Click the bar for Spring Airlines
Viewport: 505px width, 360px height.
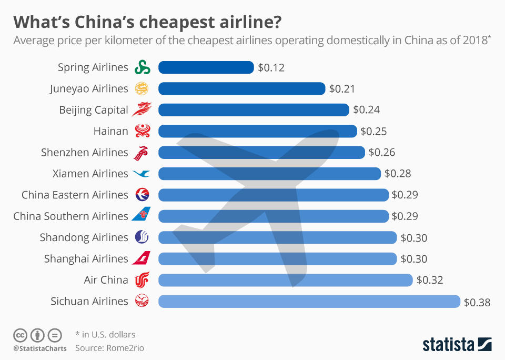[x=206, y=67]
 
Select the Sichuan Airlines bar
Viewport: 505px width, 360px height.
[x=309, y=301]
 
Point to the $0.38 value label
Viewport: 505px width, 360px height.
[x=477, y=302]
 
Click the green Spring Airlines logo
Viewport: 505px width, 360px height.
[x=142, y=67]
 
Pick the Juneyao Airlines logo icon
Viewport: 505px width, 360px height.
[x=142, y=88]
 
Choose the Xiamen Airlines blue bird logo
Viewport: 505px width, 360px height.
[x=142, y=173]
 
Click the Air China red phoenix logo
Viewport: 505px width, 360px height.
[x=142, y=280]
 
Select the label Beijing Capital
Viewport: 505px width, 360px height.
[x=93, y=110]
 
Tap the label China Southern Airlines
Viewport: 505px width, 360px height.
[x=70, y=216]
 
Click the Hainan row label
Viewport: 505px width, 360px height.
[x=111, y=131]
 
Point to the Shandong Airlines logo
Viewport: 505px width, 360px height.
[x=142, y=237]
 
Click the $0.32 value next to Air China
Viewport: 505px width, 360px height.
[x=429, y=280]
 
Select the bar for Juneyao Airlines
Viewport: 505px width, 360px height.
[x=241, y=88]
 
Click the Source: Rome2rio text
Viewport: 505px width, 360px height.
[x=109, y=348]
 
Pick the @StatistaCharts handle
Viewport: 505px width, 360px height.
[x=39, y=348]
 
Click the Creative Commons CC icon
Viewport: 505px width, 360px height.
[x=21, y=335]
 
